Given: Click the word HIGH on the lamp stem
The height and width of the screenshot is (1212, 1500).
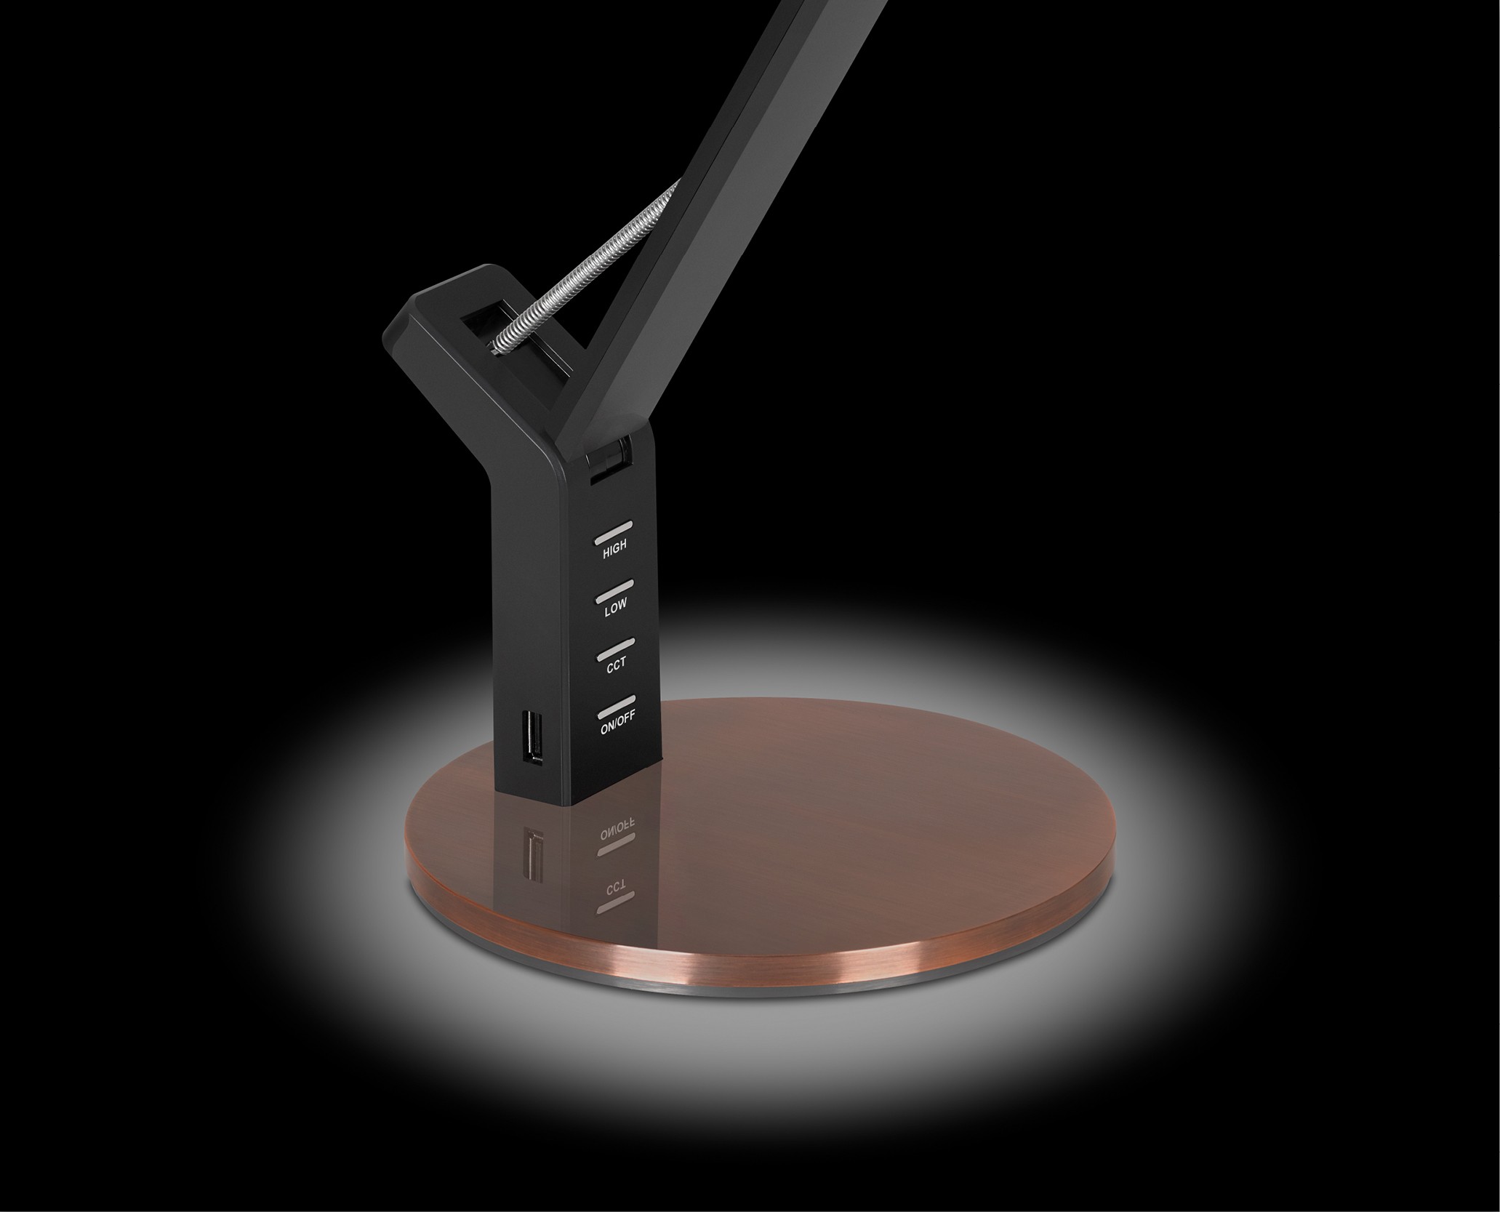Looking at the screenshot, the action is (614, 549).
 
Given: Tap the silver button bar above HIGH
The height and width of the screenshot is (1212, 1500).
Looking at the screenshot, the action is (614, 529).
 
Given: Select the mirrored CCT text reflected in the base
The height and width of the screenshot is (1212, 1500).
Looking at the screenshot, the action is (617, 891).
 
